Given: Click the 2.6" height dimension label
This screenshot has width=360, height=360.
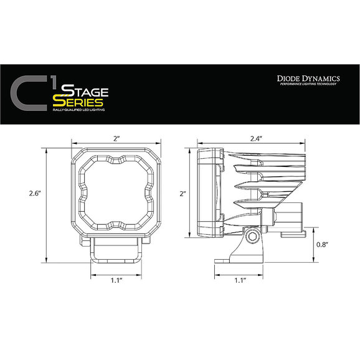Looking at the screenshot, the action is [35, 193].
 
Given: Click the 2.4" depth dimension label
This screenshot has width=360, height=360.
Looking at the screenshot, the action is [256, 138].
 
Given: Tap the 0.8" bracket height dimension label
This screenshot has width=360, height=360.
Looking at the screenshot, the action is [321, 245].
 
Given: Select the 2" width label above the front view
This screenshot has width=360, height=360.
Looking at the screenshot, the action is [116, 138].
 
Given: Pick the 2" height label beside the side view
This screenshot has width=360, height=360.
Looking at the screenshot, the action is [182, 194].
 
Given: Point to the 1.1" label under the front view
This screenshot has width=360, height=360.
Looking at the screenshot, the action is [116, 280].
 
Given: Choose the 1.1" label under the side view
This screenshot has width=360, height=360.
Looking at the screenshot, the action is [240, 280].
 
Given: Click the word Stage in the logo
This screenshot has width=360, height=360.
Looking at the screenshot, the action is [85, 91].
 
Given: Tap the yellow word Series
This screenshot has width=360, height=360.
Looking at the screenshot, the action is [78, 102].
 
